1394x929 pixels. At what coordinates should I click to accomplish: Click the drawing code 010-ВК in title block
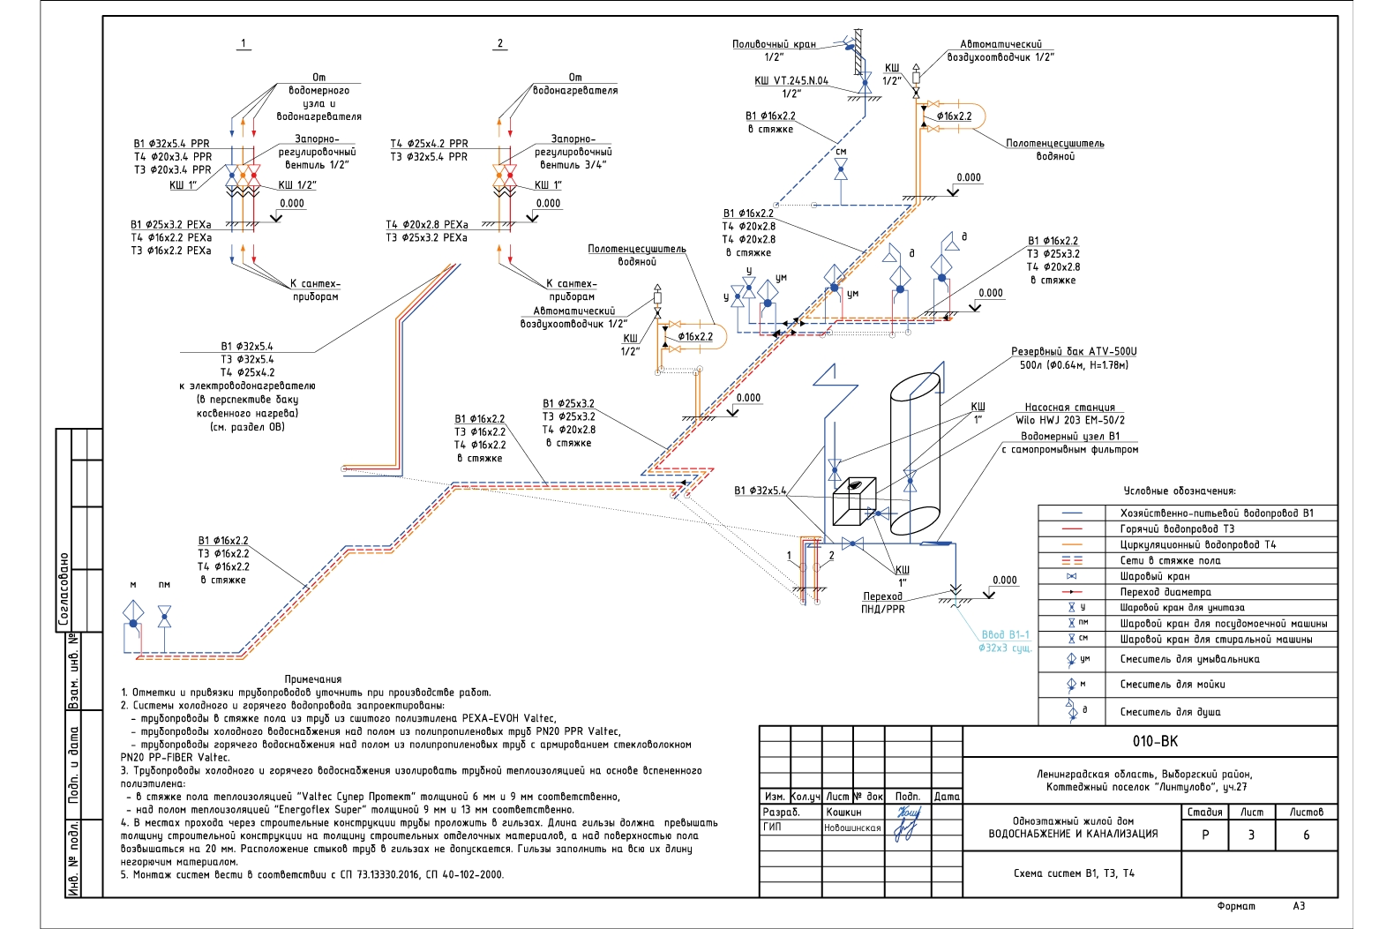(1155, 742)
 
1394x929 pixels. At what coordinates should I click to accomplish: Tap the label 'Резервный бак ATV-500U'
(1073, 351)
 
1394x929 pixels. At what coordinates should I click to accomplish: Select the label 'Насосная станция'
(1069, 408)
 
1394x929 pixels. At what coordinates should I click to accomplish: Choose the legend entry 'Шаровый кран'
(1155, 576)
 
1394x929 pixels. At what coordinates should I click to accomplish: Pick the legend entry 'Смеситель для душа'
(1170, 711)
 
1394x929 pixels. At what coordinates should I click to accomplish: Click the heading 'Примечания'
(312, 679)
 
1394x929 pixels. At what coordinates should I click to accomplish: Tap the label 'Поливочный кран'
(774, 44)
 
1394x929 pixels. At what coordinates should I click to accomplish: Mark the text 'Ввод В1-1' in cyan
(1005, 634)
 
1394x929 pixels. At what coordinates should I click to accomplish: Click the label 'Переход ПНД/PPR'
(882, 603)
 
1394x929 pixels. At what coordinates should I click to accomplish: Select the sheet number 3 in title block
(1250, 835)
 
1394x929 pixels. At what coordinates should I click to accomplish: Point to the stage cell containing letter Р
(1205, 835)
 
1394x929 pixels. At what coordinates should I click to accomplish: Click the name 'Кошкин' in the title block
(843, 812)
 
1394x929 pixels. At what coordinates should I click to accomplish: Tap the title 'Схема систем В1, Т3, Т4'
(1074, 873)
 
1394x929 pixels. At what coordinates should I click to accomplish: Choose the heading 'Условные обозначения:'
(1180, 491)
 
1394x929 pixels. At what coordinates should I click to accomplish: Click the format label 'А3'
(1299, 906)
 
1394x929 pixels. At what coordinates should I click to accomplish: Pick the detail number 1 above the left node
(244, 43)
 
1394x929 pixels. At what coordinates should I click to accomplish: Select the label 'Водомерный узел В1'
(1069, 436)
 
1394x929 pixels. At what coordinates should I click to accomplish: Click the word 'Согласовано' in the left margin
(64, 589)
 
